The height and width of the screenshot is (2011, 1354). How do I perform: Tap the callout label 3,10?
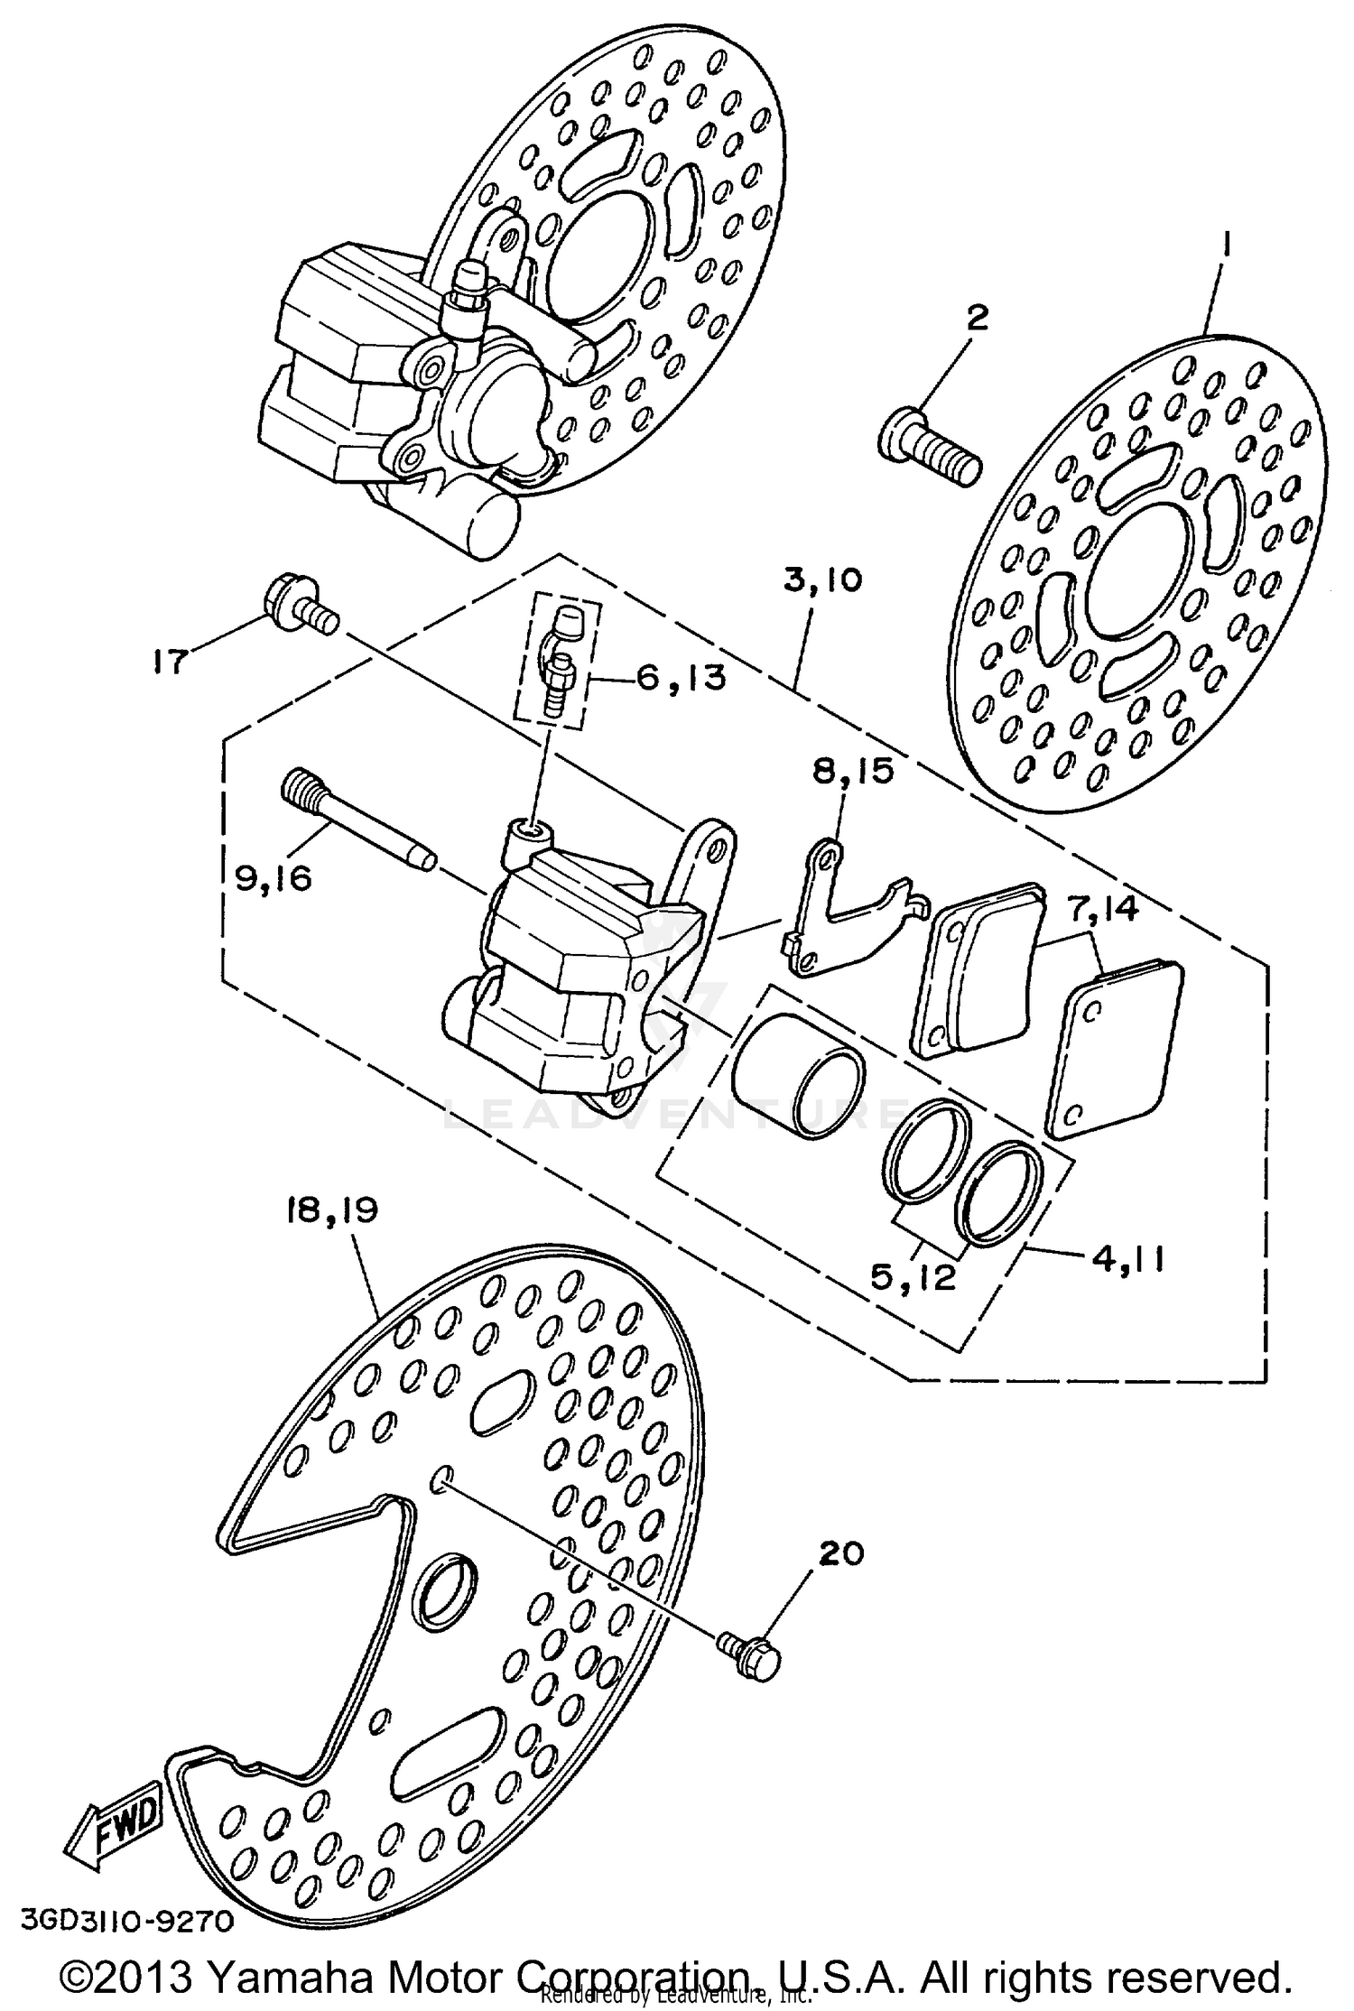[x=821, y=579]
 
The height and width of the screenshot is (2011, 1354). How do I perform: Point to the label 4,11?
[x=1127, y=1257]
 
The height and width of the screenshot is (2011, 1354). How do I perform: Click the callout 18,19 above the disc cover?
[x=331, y=1210]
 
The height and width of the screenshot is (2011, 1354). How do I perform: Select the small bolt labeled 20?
[x=751, y=1659]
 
